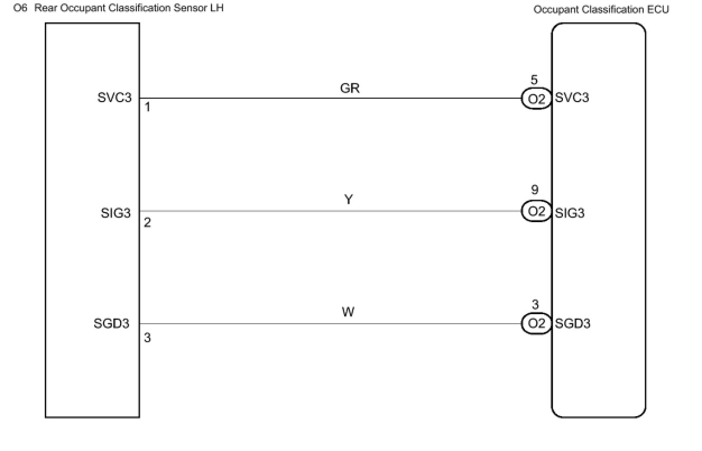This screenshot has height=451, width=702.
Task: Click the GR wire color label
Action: pyautogui.click(x=349, y=89)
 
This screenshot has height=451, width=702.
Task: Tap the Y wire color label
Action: pyautogui.click(x=348, y=200)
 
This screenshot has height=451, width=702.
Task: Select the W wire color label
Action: pyautogui.click(x=348, y=312)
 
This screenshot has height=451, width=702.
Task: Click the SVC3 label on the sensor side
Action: pyautogui.click(x=115, y=98)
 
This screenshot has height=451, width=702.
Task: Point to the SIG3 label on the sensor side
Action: pyautogui.click(x=116, y=213)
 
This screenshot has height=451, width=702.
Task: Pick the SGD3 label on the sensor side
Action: pyautogui.click(x=112, y=324)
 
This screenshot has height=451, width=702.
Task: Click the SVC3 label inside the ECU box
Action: pyautogui.click(x=572, y=98)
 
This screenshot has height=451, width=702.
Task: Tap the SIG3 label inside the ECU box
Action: pyautogui.click(x=570, y=213)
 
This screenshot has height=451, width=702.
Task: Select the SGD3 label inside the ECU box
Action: pyautogui.click(x=572, y=324)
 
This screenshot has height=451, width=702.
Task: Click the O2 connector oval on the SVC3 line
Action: pyautogui.click(x=536, y=99)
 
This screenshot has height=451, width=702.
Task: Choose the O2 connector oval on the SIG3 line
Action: pyautogui.click(x=536, y=211)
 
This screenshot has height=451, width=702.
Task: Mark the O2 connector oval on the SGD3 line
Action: pyautogui.click(x=536, y=324)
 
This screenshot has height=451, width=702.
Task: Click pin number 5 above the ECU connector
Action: pyautogui.click(x=534, y=81)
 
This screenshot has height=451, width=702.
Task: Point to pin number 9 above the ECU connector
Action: pyautogui.click(x=535, y=191)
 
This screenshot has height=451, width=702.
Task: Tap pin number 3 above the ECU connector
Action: pyautogui.click(x=535, y=305)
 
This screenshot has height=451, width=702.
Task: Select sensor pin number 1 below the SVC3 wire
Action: pyautogui.click(x=147, y=107)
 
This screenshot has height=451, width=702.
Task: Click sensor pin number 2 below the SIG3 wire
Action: pyautogui.click(x=147, y=223)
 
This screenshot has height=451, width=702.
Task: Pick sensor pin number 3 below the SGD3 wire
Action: pyautogui.click(x=147, y=338)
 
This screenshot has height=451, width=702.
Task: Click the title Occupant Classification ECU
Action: pyautogui.click(x=601, y=10)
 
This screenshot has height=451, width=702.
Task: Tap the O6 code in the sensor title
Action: pyautogui.click(x=20, y=8)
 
